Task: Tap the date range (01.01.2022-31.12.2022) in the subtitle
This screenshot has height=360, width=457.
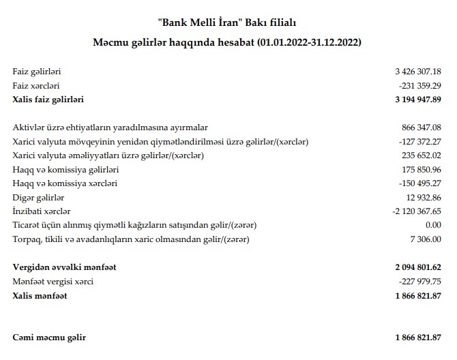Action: click(x=308, y=42)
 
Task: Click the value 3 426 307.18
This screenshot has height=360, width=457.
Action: click(x=417, y=71)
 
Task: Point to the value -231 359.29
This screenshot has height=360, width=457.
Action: click(x=419, y=85)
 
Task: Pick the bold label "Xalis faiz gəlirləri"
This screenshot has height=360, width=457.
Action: click(x=48, y=100)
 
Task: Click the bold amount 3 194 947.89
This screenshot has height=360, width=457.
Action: click(x=417, y=100)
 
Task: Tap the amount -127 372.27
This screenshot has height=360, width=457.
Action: click(x=419, y=141)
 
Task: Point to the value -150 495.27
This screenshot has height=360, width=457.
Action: click(x=419, y=183)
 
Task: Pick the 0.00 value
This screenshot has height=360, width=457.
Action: click(x=432, y=225)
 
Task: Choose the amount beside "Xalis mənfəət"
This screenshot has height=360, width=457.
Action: click(x=417, y=296)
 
